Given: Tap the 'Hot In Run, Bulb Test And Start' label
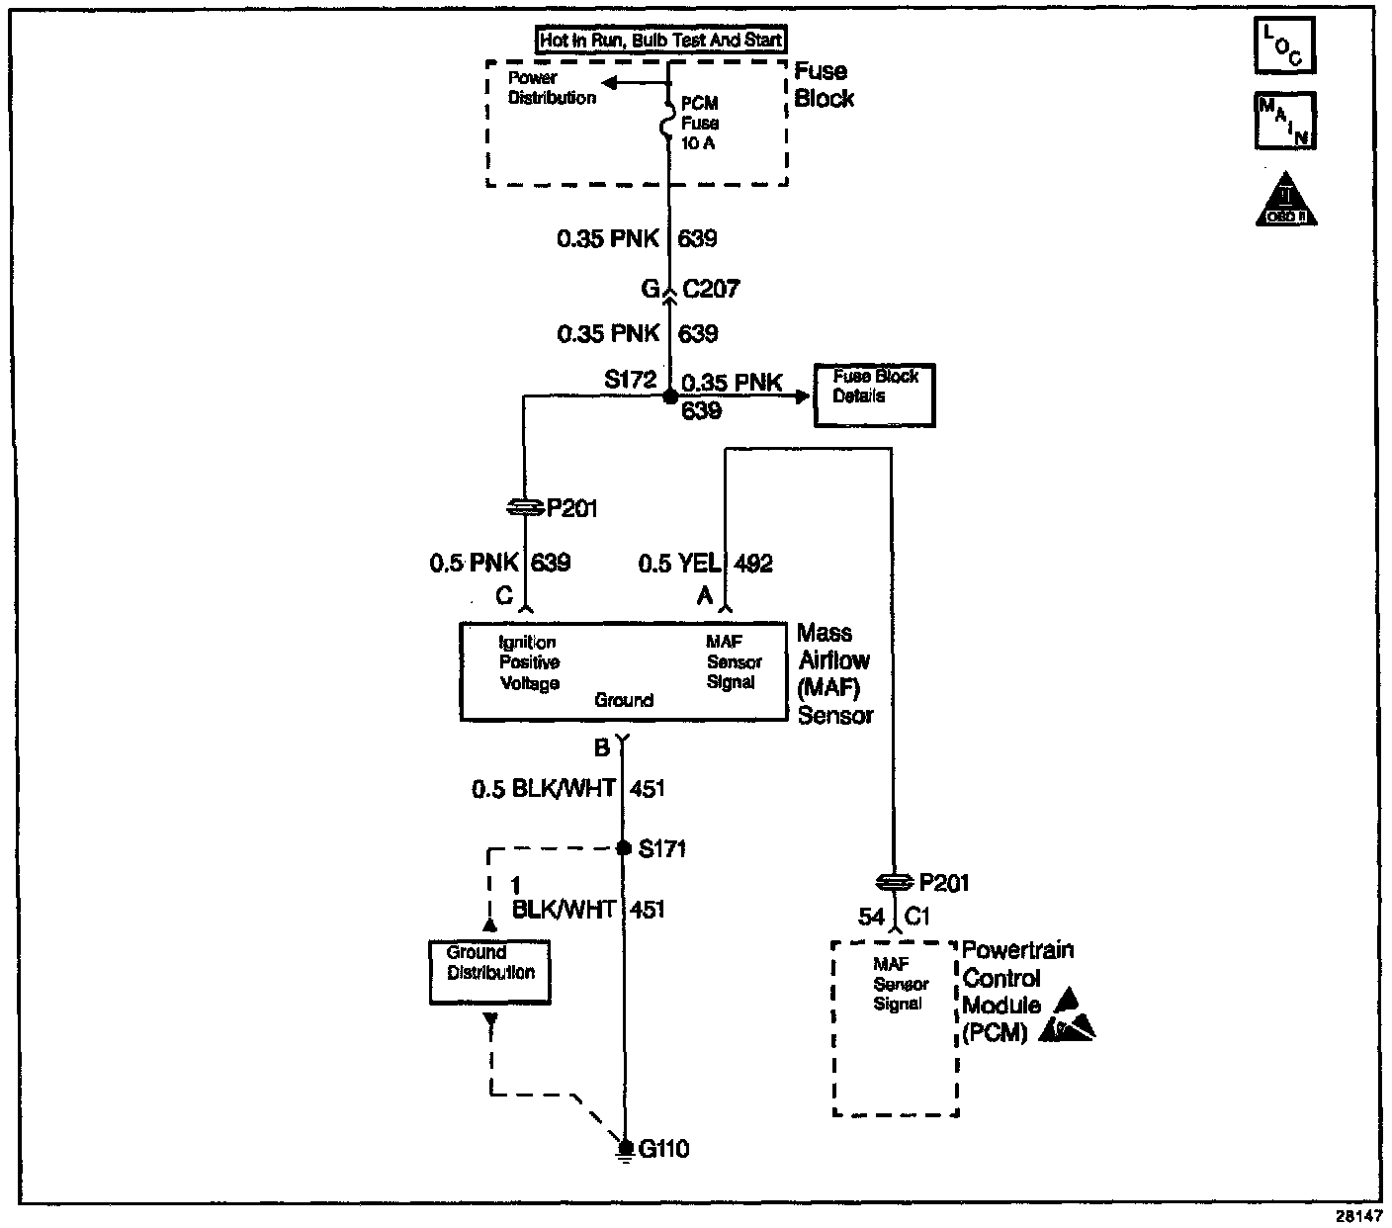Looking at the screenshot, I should [660, 41].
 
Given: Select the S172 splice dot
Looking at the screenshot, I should [669, 396].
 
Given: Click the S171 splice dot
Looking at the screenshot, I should [623, 848].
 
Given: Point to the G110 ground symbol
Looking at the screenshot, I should [624, 1149].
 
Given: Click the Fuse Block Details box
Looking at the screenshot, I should [874, 395].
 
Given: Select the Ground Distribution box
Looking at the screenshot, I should [489, 972].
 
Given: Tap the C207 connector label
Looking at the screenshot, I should [711, 289].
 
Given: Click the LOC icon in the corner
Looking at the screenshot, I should [1284, 45].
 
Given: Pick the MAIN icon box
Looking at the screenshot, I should [1284, 121].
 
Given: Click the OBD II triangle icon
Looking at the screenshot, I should [1286, 202].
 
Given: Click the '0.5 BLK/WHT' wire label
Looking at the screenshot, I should [544, 788].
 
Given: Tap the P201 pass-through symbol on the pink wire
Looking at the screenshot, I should [524, 507].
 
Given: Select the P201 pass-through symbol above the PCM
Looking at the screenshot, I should [893, 882].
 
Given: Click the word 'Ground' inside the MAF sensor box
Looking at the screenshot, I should [624, 700].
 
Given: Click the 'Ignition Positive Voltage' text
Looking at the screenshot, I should [529, 662].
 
